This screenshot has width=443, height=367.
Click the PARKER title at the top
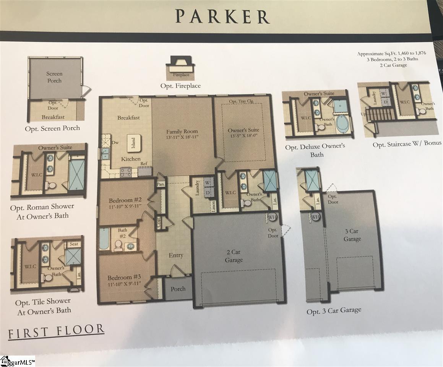click(x=222, y=16)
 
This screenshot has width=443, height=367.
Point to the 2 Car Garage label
click(x=234, y=256)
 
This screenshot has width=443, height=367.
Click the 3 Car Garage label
click(x=352, y=235)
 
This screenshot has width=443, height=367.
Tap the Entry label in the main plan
click(x=176, y=255)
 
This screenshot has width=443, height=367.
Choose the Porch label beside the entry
click(x=178, y=289)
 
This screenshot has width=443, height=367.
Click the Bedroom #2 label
click(x=125, y=200)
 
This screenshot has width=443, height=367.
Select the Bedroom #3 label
click(x=124, y=278)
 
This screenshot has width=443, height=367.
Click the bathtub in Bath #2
click(x=104, y=239)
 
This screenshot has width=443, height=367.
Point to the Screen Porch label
click(x=54, y=77)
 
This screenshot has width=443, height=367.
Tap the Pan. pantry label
click(x=161, y=184)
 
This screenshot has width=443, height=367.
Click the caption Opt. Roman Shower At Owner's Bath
click(x=42, y=211)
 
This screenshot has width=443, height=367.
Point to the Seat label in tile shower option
click(x=73, y=244)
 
